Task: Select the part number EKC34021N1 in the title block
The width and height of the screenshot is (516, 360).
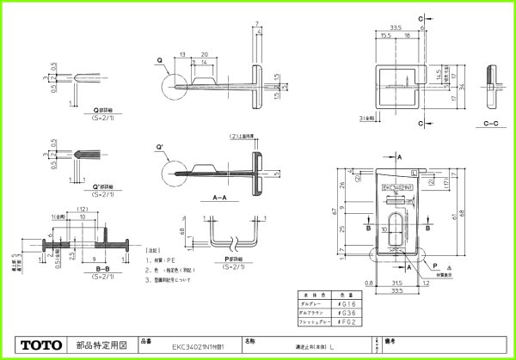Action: (186, 345)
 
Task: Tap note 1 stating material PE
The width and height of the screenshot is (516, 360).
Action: (163, 259)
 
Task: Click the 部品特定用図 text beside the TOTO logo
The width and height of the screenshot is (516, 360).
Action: (101, 345)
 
